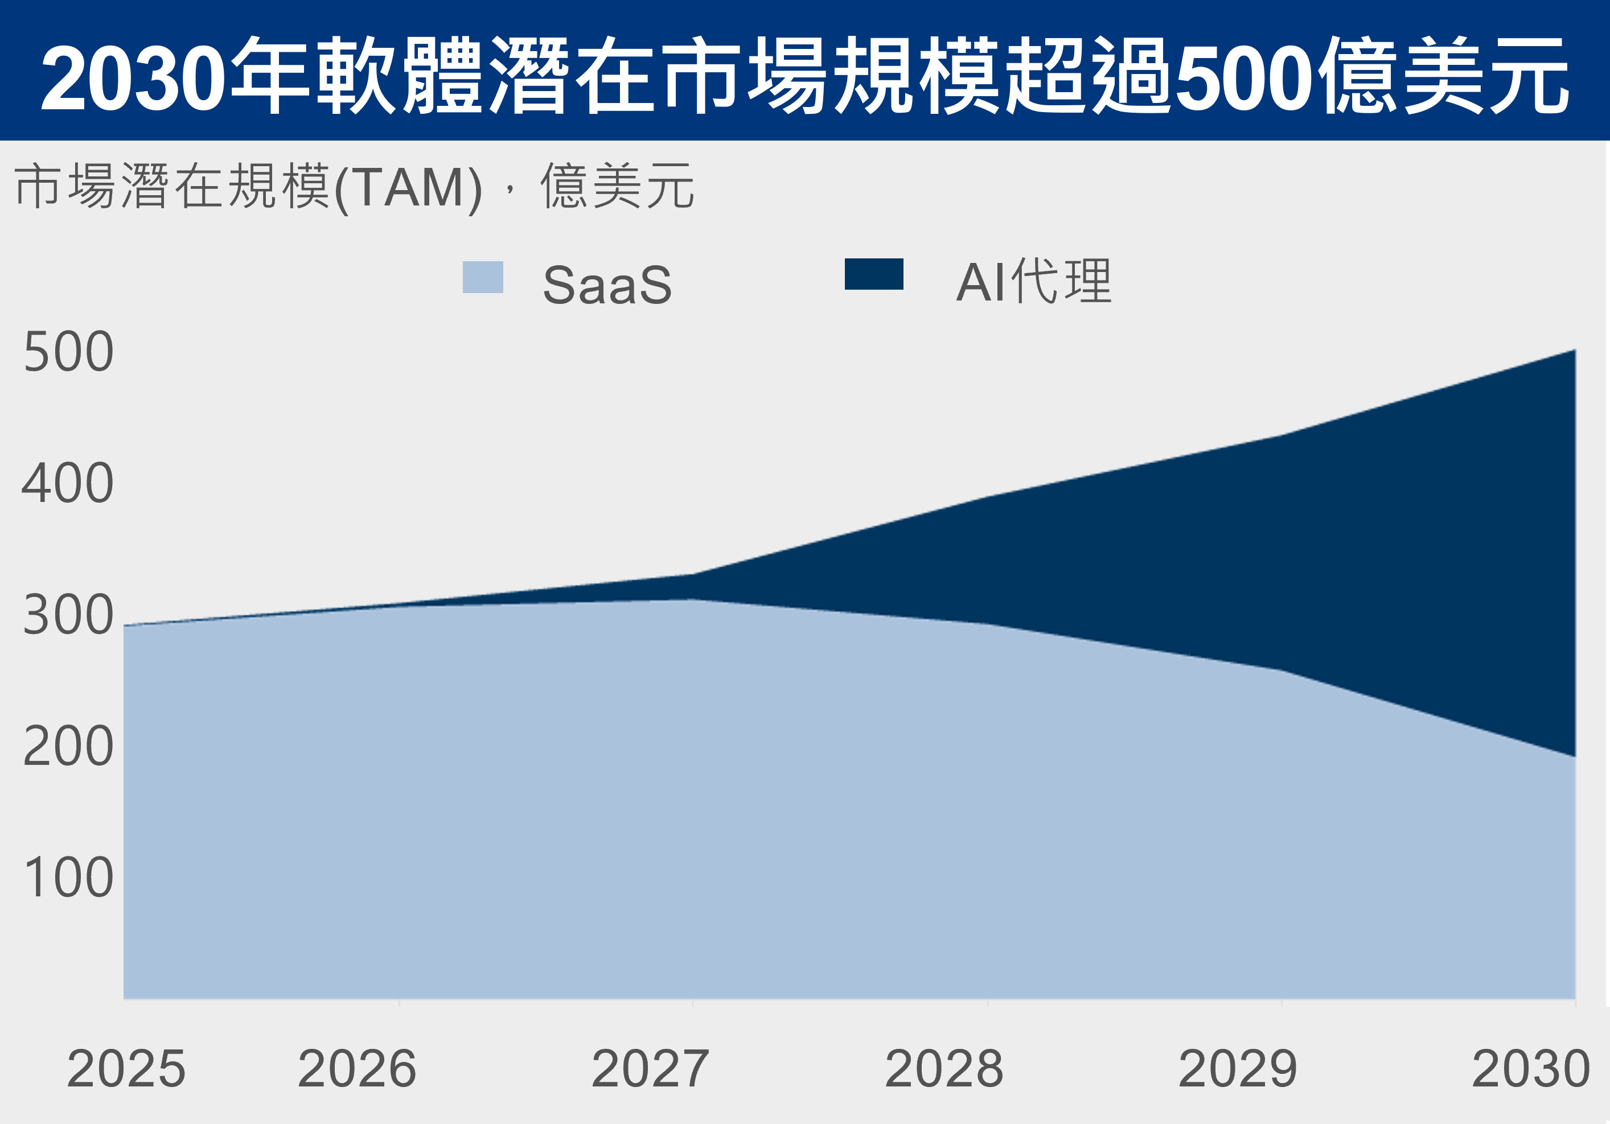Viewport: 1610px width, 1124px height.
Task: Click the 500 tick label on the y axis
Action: pos(68,351)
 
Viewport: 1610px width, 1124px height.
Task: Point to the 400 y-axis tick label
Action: pos(68,483)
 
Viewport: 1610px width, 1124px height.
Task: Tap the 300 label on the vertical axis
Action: pos(68,615)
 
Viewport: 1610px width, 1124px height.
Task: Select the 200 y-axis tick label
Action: pos(68,746)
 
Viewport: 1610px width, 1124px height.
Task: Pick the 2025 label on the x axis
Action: pos(126,1069)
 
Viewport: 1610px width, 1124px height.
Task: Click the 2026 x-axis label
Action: pos(357,1069)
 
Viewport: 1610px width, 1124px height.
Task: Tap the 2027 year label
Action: pos(651,1069)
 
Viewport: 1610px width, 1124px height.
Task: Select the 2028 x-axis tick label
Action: pos(944,1069)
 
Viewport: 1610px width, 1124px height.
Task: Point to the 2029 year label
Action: pos(1238,1069)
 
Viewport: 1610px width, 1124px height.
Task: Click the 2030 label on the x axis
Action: pos(1531,1069)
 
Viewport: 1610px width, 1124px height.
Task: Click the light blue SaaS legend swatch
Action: pos(482,277)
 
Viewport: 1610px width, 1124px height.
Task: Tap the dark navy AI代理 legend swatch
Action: pos(874,274)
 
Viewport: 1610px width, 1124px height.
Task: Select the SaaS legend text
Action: pos(607,285)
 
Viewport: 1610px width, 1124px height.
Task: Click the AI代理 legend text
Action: pos(1034,282)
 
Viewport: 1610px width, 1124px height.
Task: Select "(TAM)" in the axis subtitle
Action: pos(408,188)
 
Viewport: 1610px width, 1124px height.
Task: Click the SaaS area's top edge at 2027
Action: pos(693,599)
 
